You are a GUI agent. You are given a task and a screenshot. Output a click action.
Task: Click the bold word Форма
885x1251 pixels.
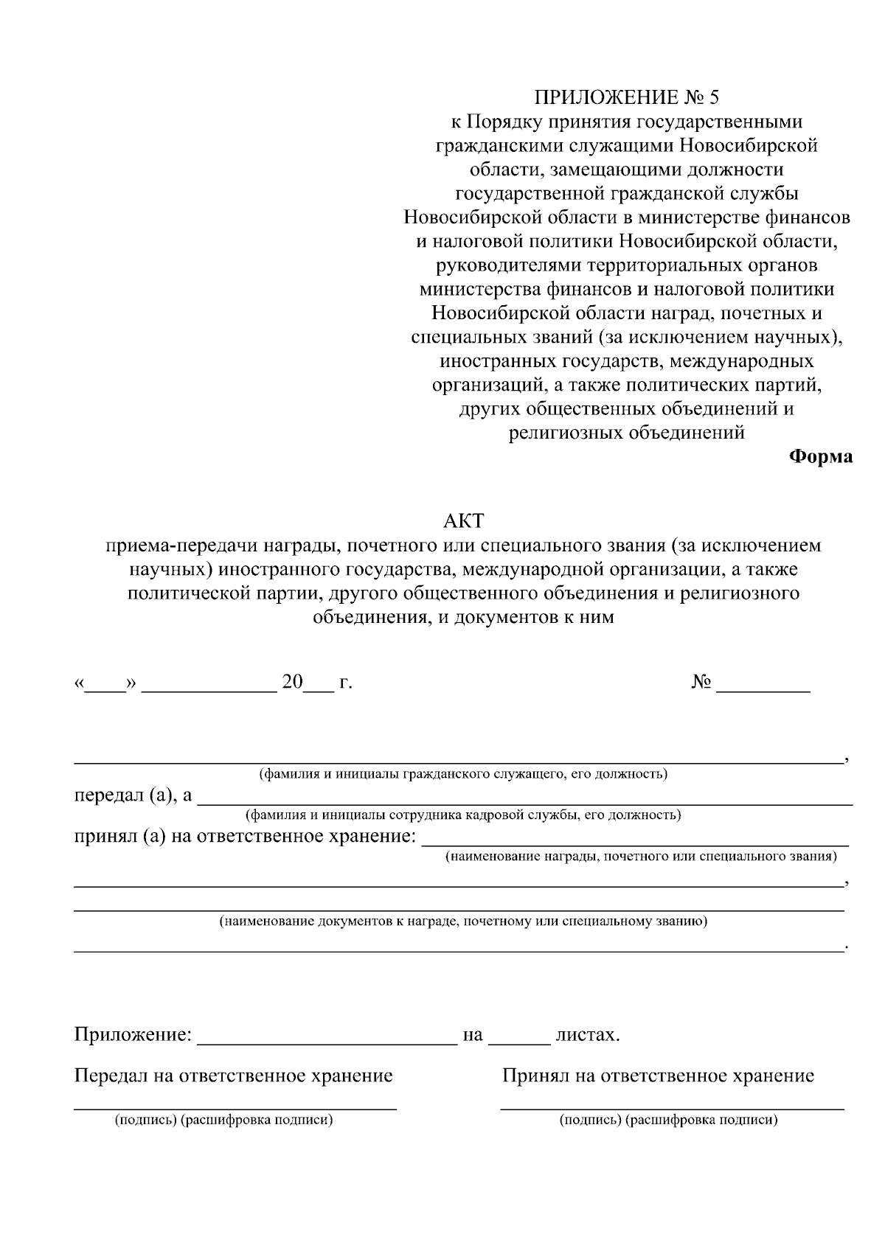[821, 457]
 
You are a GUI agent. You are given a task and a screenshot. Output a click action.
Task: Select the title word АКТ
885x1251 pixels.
[463, 521]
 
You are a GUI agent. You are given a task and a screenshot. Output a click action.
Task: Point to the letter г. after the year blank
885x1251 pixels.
[345, 683]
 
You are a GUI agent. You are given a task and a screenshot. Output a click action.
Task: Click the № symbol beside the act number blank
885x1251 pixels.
[701, 683]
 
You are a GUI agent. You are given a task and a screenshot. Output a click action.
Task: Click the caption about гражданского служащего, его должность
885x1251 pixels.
[462, 774]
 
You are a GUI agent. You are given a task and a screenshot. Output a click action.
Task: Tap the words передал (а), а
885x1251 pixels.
[133, 795]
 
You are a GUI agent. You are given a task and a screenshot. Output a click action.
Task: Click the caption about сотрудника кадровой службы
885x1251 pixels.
[462, 815]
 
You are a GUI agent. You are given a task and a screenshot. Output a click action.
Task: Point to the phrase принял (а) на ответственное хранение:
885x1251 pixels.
[245, 837]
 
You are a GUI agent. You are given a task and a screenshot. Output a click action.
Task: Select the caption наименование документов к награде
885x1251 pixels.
[462, 921]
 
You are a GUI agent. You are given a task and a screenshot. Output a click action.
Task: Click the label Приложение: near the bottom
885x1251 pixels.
[133, 1035]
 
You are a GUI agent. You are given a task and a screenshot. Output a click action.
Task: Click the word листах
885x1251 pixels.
[587, 1035]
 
